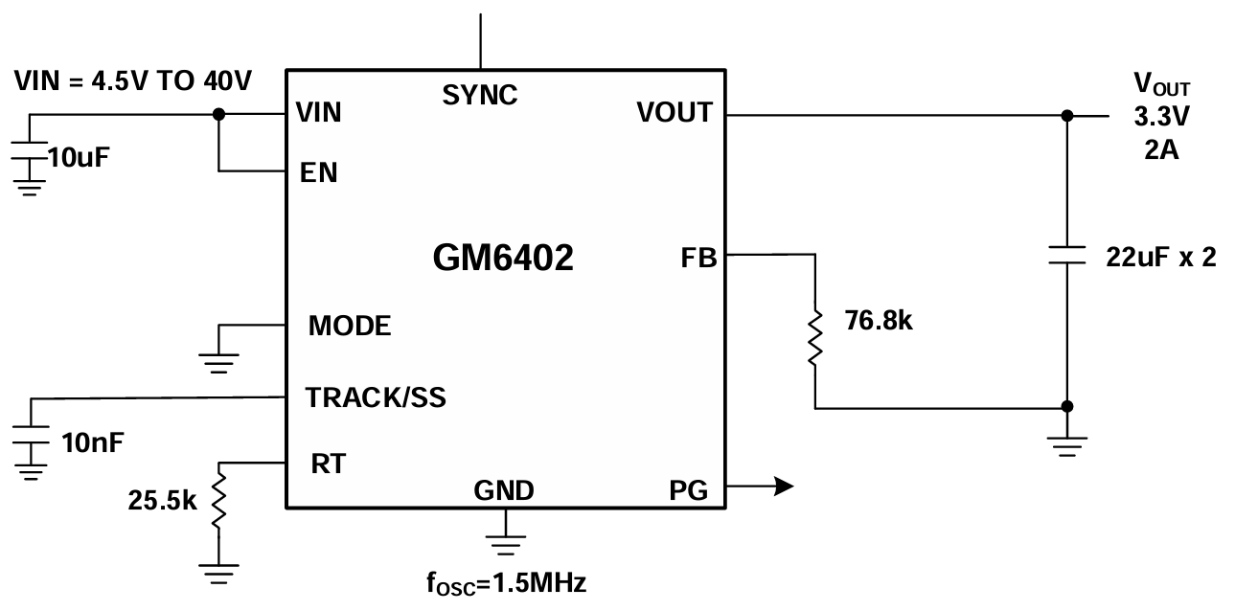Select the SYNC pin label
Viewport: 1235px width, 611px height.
(x=480, y=95)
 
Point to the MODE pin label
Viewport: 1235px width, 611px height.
(x=350, y=326)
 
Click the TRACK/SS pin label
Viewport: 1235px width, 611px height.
(x=376, y=396)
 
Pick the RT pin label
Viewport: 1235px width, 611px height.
(x=328, y=464)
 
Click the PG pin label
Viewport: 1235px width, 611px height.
(x=689, y=491)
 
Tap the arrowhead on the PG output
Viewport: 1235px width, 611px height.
(x=783, y=487)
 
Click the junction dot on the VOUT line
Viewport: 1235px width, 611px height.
(x=1067, y=115)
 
